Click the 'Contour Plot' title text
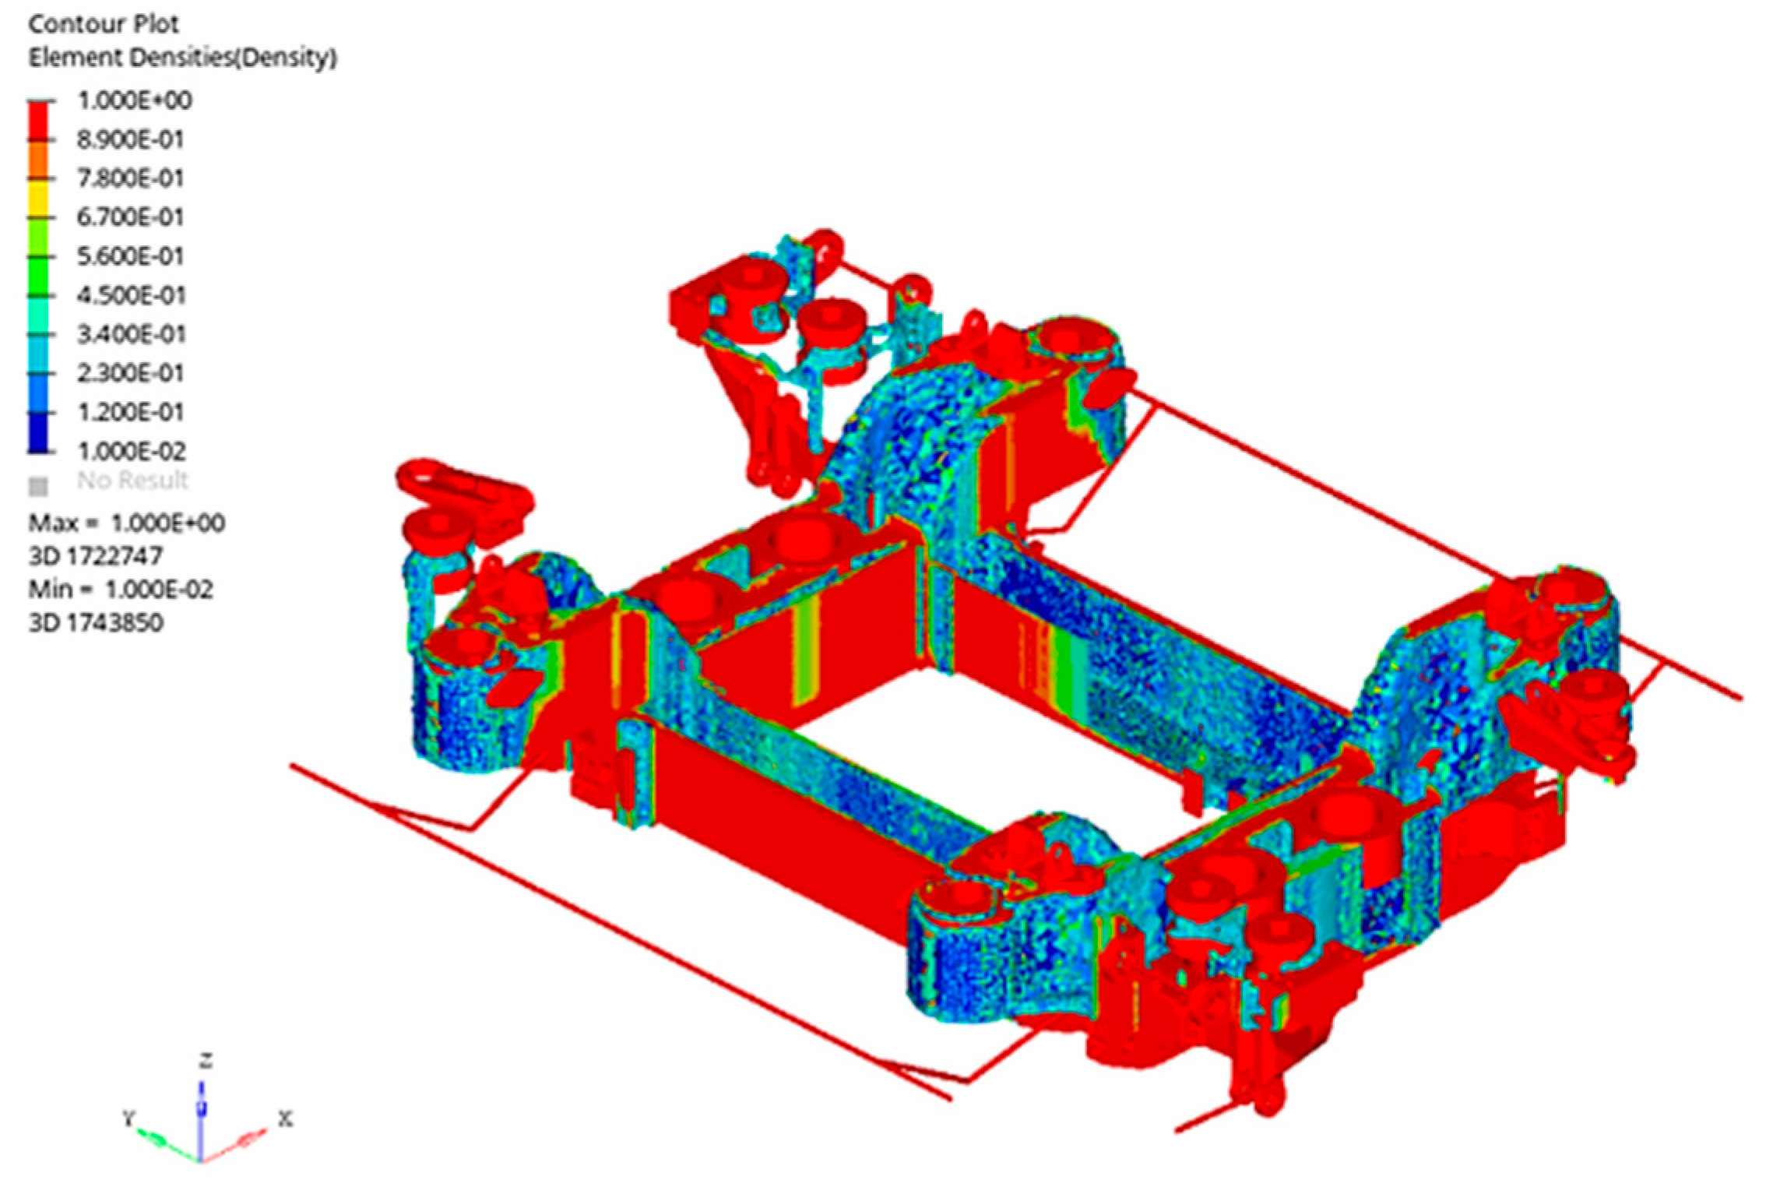[104, 24]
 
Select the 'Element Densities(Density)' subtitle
[183, 58]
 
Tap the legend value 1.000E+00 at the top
[134, 100]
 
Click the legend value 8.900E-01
[130, 139]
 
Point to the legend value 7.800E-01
[130, 178]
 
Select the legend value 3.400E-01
[131, 334]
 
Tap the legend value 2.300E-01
[130, 373]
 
